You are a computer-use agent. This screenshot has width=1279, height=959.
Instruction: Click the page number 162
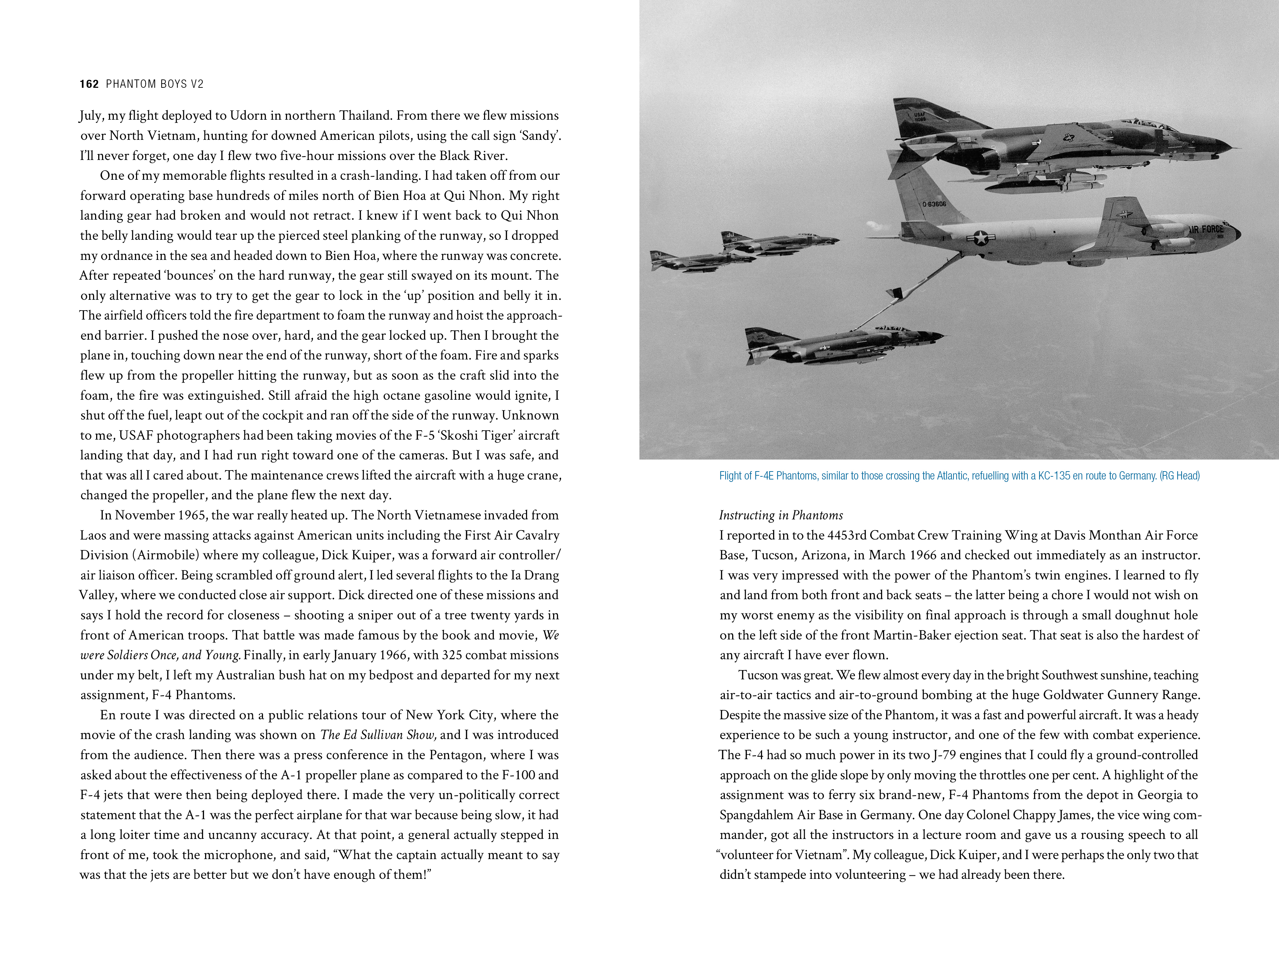pyautogui.click(x=89, y=84)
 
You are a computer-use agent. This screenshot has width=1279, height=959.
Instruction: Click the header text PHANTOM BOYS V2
pyautogui.click(x=155, y=84)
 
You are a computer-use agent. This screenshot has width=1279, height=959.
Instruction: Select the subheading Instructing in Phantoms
pyautogui.click(x=781, y=515)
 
